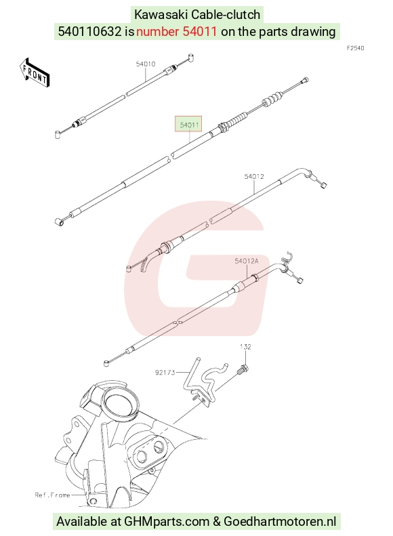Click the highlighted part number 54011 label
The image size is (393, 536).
(x=188, y=125)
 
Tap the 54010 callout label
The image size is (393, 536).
(x=146, y=64)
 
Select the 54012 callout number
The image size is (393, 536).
(x=254, y=176)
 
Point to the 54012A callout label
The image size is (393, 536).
(x=247, y=261)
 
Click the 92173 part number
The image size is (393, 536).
(x=165, y=372)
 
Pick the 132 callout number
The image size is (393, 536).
(x=245, y=347)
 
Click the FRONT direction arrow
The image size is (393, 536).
(x=35, y=73)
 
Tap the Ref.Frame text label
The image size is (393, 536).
(x=52, y=495)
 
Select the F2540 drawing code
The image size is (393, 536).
(x=356, y=48)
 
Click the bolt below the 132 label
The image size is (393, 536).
(x=243, y=369)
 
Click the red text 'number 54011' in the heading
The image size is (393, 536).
(x=176, y=31)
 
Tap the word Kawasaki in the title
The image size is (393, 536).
(x=161, y=15)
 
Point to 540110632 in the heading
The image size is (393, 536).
(x=89, y=31)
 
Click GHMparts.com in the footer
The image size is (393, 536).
(x=167, y=522)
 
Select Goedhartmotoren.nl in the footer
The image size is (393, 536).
(x=280, y=522)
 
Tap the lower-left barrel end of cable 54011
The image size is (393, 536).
(x=59, y=222)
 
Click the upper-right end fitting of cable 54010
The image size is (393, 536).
(x=191, y=57)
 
